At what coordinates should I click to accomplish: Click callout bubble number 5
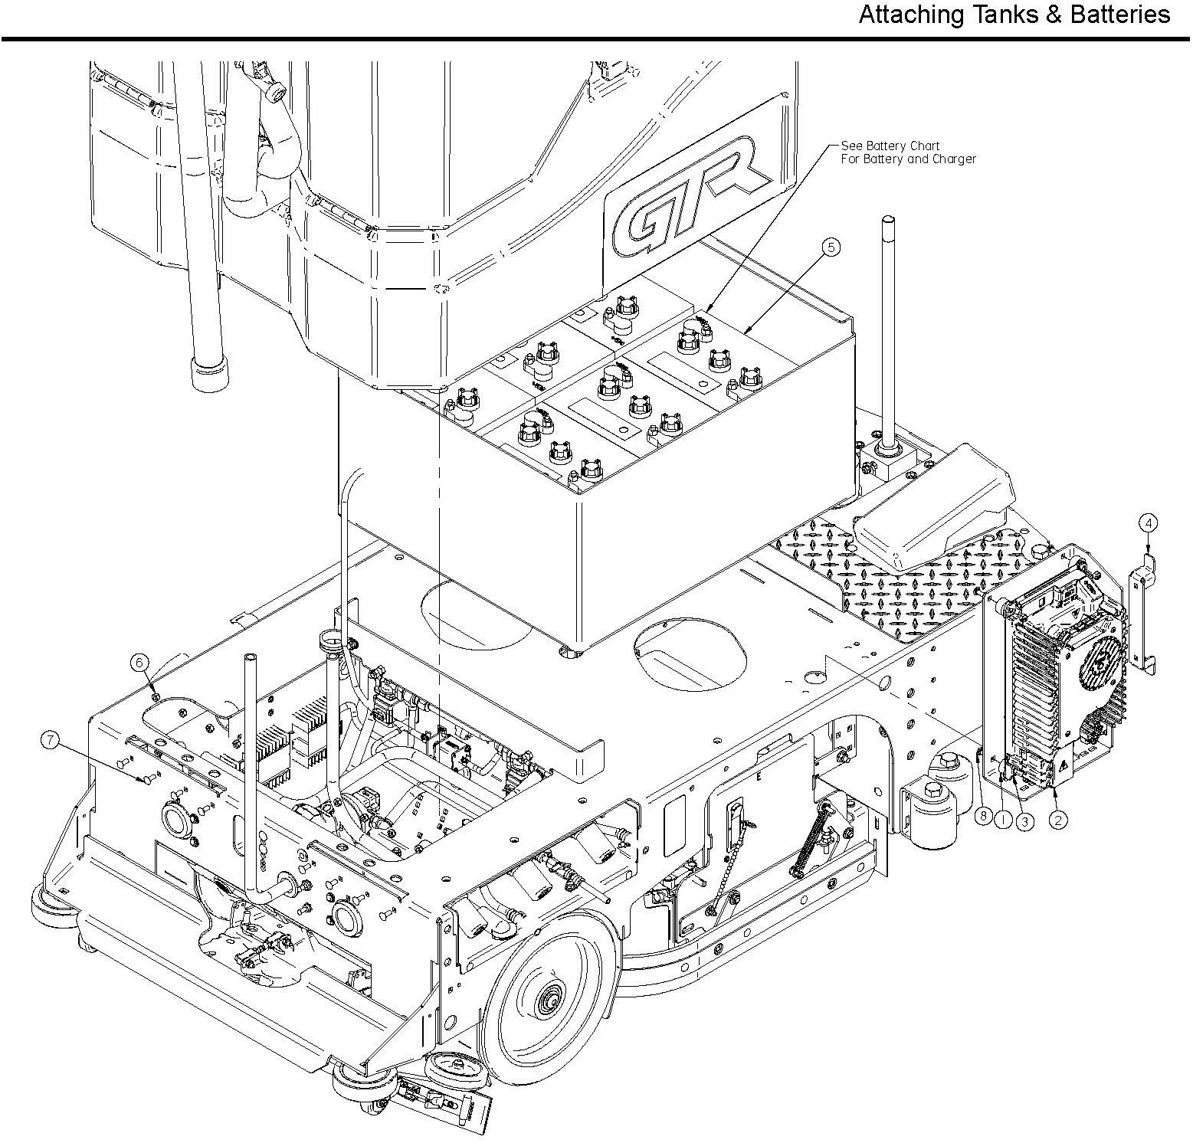(x=830, y=247)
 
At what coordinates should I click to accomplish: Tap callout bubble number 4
(x=1147, y=523)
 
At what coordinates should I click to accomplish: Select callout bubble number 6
(x=139, y=662)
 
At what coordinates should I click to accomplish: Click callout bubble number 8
(x=983, y=817)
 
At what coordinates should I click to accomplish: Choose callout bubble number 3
(x=1024, y=820)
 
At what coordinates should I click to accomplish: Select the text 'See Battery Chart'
(x=890, y=146)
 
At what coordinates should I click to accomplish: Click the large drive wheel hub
(x=550, y=1001)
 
